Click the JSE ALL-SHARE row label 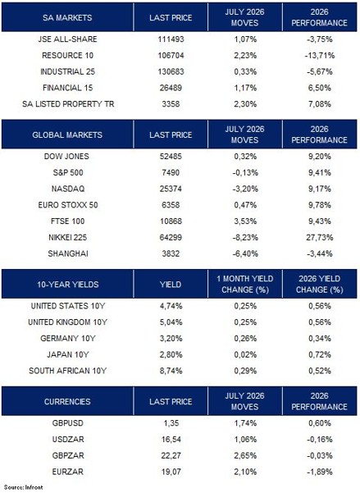click(67, 39)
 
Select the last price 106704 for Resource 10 click(171, 55)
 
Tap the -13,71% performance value click(320, 55)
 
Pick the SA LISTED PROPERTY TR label click(68, 104)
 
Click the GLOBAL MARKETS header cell click(67, 135)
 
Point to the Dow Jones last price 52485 click(171, 156)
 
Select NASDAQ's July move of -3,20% click(245, 189)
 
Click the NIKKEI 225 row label click(67, 237)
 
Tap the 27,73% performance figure click(320, 237)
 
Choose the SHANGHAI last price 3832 click(171, 253)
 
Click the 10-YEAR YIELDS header click(67, 284)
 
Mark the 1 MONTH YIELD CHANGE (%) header click(245, 284)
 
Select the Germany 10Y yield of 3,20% click(171, 338)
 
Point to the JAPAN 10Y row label click(68, 354)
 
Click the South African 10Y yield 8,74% click(171, 371)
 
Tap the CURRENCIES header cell click(67, 401)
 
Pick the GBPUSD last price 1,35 click(171, 423)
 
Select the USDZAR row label click(68, 439)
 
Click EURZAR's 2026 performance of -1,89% click(320, 472)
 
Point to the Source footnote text click(23, 487)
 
